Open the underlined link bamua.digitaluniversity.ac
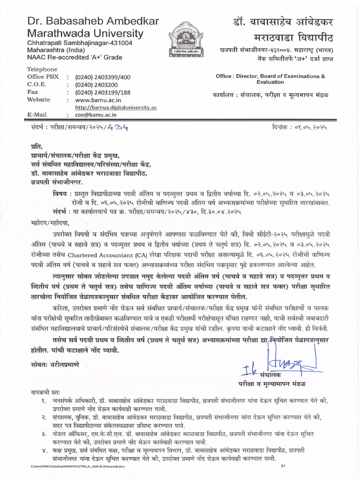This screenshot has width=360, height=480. pyautogui.click(x=116, y=107)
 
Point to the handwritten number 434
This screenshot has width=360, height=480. pyautogui.click(x=120, y=127)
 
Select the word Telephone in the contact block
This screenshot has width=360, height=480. pyautogui.click(x=42, y=69)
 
